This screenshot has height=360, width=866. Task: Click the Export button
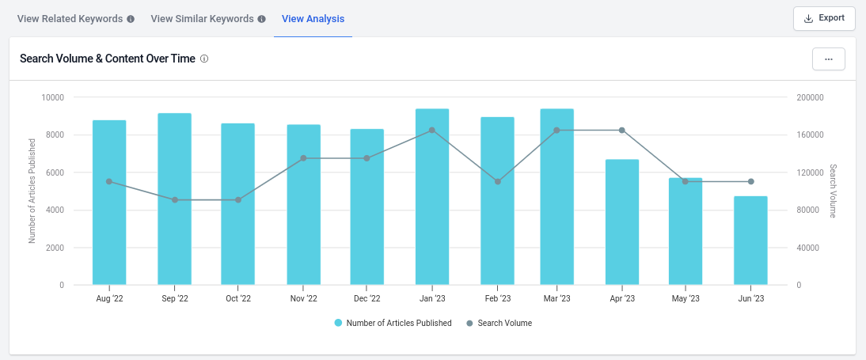point(824,18)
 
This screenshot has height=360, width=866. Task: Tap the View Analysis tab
point(313,18)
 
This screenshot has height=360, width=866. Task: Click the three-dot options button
point(828,59)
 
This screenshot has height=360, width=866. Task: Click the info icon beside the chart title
point(204,59)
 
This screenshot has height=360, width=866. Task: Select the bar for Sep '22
point(174,199)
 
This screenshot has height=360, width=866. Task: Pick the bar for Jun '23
point(750,241)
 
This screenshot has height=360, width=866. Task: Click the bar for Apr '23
point(621,222)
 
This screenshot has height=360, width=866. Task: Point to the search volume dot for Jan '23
point(432,131)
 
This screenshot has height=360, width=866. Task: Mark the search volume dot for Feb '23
point(498,182)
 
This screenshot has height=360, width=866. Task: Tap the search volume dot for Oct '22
point(238,200)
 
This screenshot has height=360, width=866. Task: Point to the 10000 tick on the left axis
point(52,97)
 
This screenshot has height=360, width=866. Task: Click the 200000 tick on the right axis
point(811,97)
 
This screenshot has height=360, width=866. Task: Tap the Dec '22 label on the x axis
point(367,299)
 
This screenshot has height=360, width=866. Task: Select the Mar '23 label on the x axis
point(556,299)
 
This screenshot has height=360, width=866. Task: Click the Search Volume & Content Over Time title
point(107,59)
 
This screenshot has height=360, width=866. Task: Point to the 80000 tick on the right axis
point(808,210)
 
